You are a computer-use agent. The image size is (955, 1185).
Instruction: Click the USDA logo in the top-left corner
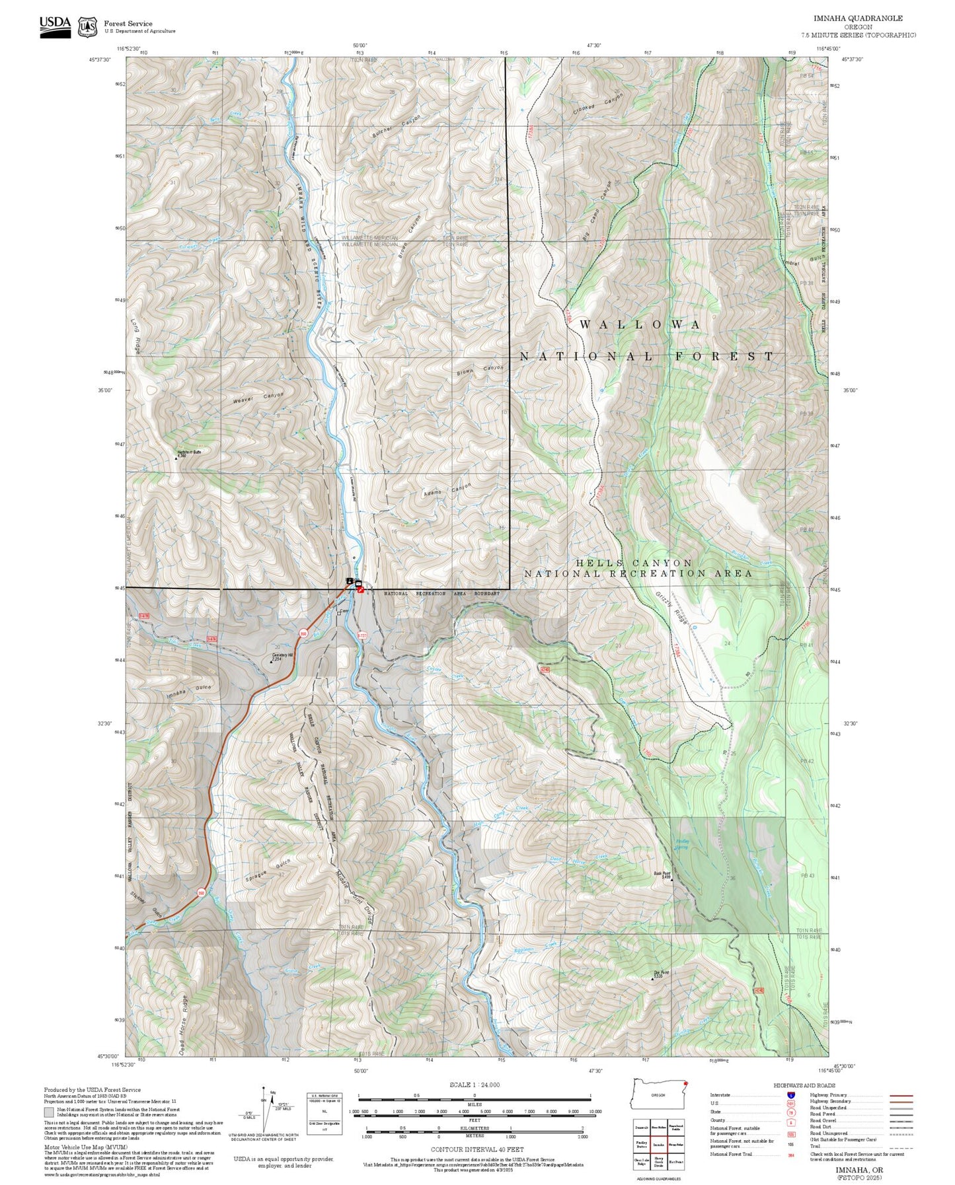(55, 26)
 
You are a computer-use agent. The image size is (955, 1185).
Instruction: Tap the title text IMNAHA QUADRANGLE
(858, 18)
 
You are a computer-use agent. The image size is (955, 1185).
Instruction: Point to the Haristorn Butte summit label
(188, 452)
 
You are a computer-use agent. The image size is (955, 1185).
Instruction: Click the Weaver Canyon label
(258, 398)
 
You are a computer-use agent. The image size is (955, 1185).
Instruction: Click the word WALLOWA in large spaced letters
(640, 324)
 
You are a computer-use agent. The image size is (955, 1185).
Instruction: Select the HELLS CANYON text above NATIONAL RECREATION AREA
(633, 563)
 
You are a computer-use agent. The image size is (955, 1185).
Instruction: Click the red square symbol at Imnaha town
(361, 589)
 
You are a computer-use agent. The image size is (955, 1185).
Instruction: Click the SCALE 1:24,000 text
(474, 1085)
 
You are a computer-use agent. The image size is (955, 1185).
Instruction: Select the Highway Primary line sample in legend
(901, 1095)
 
